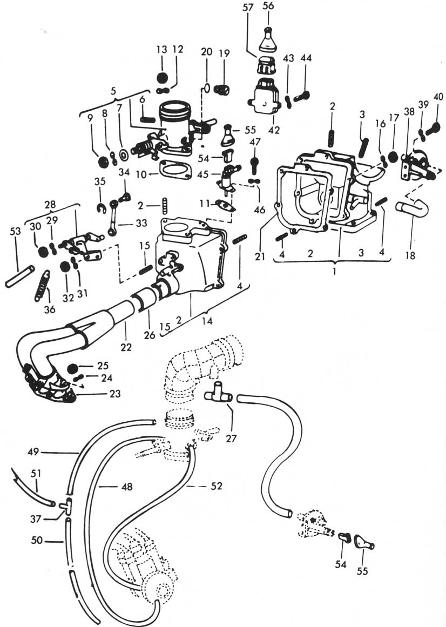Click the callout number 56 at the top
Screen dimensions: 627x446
coord(268,6)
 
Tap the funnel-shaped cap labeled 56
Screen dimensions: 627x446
coord(268,38)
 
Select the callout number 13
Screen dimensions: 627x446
coord(162,49)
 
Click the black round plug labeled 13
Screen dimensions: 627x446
coord(162,76)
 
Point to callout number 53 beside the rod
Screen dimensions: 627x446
coord(15,232)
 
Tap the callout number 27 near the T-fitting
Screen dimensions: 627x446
coord(231,439)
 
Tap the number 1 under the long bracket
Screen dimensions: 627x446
coord(334,272)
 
